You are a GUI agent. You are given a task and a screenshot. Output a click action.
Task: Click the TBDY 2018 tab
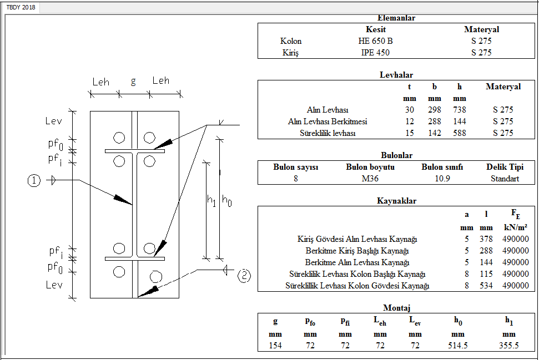[21, 8]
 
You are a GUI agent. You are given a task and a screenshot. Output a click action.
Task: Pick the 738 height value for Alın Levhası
[459, 110]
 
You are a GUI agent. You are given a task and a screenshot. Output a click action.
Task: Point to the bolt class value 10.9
[442, 179]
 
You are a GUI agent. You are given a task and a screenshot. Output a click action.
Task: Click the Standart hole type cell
[505, 179]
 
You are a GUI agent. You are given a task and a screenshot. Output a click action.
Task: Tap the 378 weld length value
[486, 239]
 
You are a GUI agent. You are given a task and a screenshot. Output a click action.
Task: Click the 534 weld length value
[486, 286]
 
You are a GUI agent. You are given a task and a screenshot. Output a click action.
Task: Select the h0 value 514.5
[457, 346]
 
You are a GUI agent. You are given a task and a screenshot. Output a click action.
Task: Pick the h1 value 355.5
[508, 346]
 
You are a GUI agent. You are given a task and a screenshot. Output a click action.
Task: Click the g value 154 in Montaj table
[275, 346]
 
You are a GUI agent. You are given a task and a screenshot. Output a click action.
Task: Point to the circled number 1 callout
[34, 180]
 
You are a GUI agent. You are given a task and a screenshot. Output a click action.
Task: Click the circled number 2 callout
[244, 276]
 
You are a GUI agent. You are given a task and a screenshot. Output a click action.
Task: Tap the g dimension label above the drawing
[133, 82]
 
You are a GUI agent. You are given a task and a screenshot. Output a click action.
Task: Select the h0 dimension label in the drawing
[226, 200]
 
